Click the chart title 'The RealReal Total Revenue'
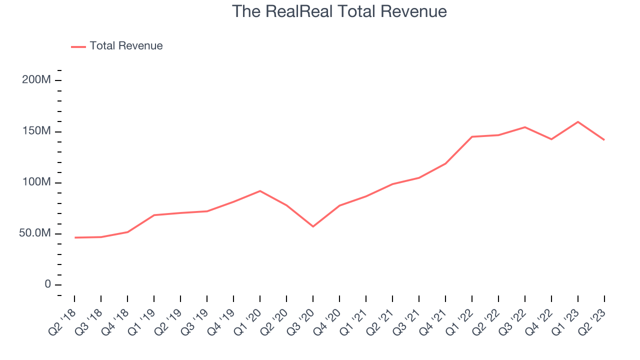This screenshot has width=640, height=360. coord(339,11)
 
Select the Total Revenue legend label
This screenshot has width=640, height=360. coord(126,46)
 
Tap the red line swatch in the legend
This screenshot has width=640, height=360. coord(78,46)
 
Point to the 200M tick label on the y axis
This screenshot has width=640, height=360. coord(36,80)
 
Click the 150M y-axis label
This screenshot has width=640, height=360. coord(36,131)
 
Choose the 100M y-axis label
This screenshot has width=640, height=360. coord(36,182)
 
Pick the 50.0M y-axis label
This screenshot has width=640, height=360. coord(35,233)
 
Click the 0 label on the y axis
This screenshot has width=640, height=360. coord(47,284)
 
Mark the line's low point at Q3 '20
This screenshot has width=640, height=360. coord(313,226)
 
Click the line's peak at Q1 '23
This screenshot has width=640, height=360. coord(578,122)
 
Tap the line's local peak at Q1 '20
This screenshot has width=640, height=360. coord(260,191)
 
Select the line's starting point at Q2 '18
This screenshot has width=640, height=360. coord(74,237)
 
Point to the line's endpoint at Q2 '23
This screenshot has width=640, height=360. coord(604,140)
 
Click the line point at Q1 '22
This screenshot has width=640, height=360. coord(472,136)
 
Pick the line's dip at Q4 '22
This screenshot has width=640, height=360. coord(551,139)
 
